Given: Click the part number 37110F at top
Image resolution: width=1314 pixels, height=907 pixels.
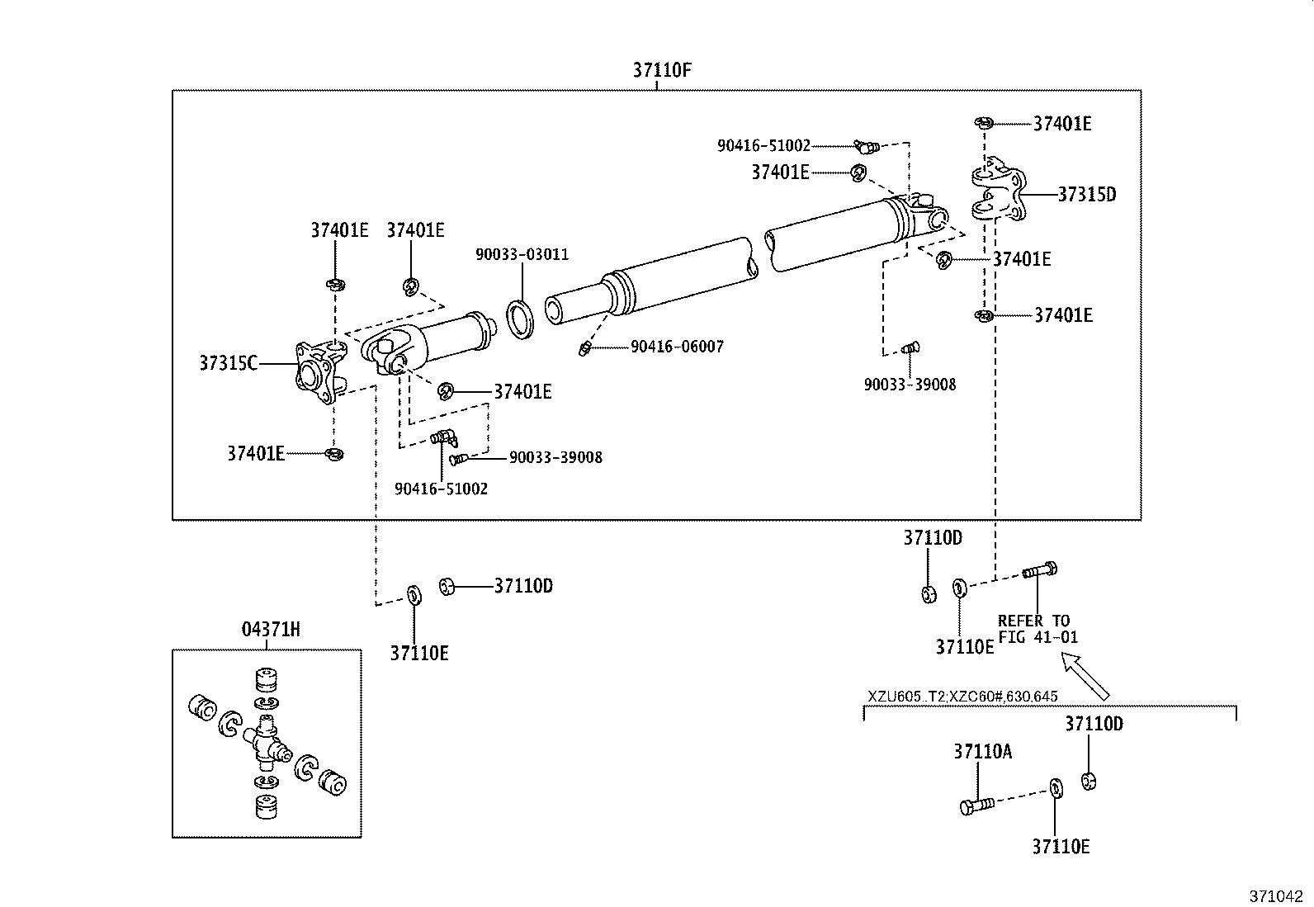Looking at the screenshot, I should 661,69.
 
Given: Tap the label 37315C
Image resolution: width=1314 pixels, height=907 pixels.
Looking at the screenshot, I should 228,363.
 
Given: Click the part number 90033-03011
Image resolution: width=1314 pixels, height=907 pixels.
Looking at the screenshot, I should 522,254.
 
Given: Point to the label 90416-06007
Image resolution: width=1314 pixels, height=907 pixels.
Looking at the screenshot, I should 677,347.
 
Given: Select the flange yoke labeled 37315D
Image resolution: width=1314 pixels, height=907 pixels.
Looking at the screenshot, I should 997,195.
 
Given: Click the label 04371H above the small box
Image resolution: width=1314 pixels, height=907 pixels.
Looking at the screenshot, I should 270,630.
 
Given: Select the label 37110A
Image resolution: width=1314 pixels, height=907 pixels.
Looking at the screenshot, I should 982,752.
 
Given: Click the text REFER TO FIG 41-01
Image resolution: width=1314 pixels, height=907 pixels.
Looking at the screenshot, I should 1037,629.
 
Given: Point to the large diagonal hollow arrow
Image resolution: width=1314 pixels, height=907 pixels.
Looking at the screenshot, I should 1086,675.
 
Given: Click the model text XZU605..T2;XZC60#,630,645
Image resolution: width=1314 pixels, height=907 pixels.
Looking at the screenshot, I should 962,697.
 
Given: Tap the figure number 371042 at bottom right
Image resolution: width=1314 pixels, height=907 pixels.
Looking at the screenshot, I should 1275,896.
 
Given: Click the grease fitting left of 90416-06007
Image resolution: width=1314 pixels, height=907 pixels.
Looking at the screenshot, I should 584,347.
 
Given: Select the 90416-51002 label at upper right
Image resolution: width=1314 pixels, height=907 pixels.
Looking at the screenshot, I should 763,146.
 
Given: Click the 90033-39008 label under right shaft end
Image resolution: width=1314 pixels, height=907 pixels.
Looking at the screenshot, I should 910,385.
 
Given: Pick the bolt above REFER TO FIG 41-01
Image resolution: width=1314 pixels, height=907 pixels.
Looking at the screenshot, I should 1040,570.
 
